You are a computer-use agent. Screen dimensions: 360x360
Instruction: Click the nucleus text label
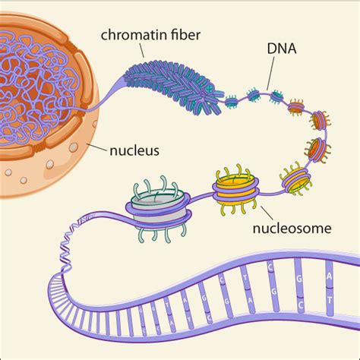(x=133, y=150)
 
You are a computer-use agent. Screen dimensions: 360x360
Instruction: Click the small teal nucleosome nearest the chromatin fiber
(x=232, y=99)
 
